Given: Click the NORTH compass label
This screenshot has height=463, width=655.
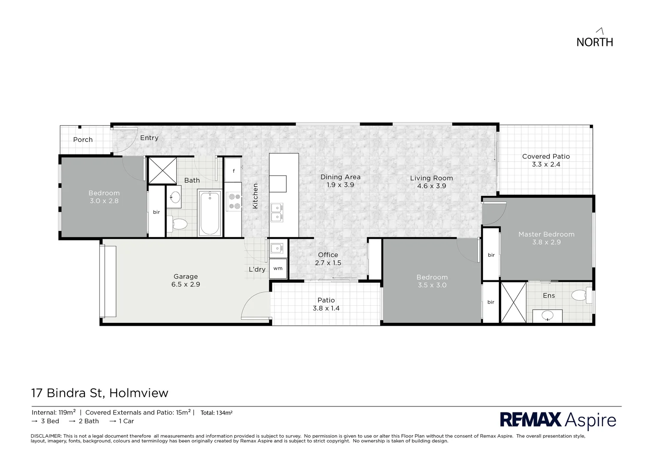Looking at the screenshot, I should click(595, 42).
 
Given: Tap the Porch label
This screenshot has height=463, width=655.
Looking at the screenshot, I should click(83, 139).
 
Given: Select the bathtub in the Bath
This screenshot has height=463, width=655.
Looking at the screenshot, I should click(210, 213).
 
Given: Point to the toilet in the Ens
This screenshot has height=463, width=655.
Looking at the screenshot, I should click(581, 295).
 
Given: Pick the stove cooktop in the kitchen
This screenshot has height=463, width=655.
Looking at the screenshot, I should click(234, 201).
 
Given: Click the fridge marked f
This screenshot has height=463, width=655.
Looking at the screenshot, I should click(234, 171).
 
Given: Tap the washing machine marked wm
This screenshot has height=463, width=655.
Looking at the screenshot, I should click(278, 268).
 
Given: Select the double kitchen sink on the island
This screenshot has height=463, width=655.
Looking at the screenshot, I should click(277, 212).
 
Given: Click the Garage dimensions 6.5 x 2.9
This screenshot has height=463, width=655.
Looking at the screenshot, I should click(186, 284).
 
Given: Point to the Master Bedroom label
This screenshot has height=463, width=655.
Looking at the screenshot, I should click(546, 234).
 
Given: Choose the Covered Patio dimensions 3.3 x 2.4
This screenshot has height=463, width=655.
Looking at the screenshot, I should click(546, 164).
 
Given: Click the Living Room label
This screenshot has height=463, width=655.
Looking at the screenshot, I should click(431, 178).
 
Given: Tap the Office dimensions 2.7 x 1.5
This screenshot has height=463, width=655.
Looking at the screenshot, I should click(328, 263).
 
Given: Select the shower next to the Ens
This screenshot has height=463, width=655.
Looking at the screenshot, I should click(514, 302).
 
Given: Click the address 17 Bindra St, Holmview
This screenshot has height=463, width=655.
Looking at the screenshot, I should click(100, 393).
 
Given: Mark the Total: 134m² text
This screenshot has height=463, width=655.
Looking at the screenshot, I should click(216, 413).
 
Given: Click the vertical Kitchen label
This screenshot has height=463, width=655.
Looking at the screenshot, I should click(255, 196).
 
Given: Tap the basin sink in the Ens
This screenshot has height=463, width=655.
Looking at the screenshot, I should click(547, 316).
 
